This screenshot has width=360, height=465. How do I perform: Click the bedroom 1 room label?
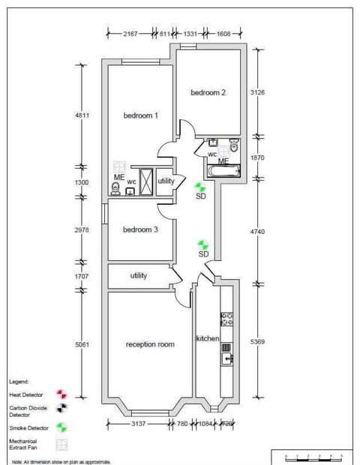(x=140, y=115)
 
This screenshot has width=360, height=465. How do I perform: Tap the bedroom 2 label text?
(x=208, y=93)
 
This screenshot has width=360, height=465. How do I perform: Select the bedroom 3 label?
(x=140, y=229)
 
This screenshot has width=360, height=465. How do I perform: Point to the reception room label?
(x=150, y=344)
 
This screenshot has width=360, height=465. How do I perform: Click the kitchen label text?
(x=208, y=338)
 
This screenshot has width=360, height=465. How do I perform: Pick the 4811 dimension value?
(x=82, y=115)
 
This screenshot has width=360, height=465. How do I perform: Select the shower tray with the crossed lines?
(x=146, y=182)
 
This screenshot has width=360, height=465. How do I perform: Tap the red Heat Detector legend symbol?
(x=61, y=394)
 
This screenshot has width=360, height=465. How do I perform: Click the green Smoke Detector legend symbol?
(x=61, y=427)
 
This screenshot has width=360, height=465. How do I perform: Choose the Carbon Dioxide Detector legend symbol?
(x=61, y=409)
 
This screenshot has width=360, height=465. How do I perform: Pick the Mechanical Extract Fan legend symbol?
(x=61, y=444)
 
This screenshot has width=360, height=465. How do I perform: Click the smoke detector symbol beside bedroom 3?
(x=202, y=244)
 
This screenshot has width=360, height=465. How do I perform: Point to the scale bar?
(x=313, y=457)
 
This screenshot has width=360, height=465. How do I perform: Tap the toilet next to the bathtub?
(x=234, y=142)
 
